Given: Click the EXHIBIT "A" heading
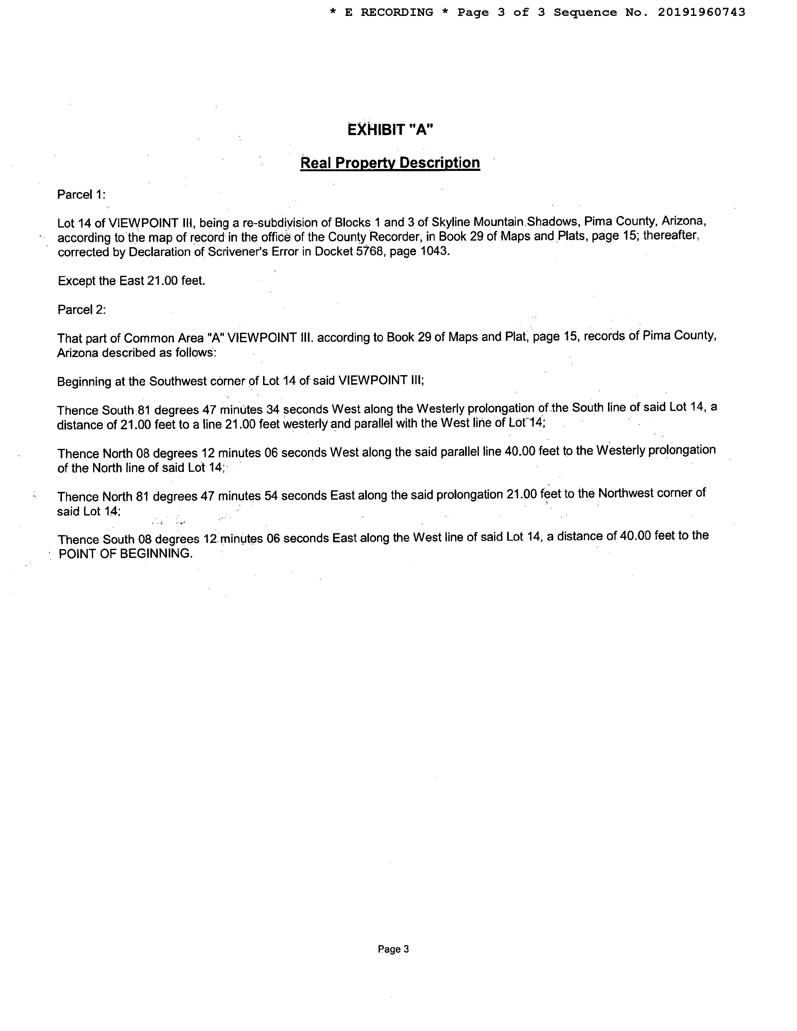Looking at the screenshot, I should pyautogui.click(x=390, y=129).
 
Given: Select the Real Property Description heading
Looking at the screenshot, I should pyautogui.click(x=390, y=163).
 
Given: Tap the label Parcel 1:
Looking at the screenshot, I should pyautogui.click(x=81, y=195).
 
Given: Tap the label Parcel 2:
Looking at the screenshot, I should pyautogui.click(x=81, y=310).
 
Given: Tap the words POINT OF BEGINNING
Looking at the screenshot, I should pyautogui.click(x=125, y=553).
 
